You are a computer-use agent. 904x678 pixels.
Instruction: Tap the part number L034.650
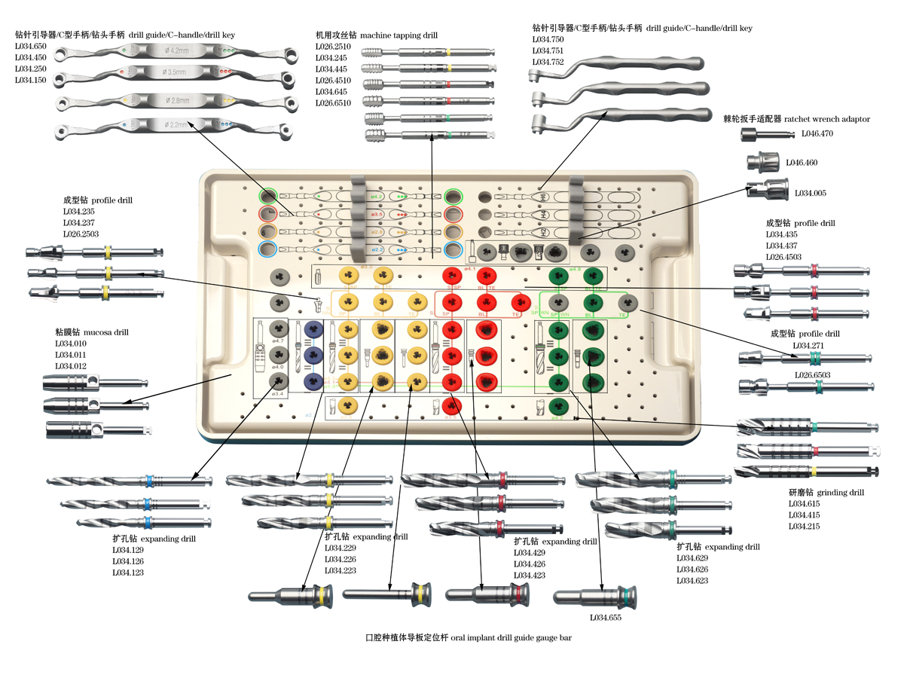pyautogui.click(x=31, y=46)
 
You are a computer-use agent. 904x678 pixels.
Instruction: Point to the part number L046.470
pyautogui.click(x=817, y=133)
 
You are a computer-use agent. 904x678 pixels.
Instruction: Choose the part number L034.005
pyautogui.click(x=810, y=194)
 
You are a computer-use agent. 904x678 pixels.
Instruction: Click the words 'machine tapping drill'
pyautogui.click(x=399, y=35)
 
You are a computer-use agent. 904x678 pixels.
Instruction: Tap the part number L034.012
pyautogui.click(x=70, y=366)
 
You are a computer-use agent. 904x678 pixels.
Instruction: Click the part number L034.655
pyautogui.click(x=606, y=618)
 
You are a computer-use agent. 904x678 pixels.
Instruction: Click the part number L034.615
pyautogui.click(x=804, y=503)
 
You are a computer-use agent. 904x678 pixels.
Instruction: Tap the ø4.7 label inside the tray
pyautogui.click(x=279, y=341)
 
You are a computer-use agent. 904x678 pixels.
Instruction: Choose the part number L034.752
pyautogui.click(x=548, y=62)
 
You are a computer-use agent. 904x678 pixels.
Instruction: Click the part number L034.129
pyautogui.click(x=128, y=550)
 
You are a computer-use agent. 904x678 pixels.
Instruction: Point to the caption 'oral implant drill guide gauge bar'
pyautogui.click(x=512, y=638)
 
